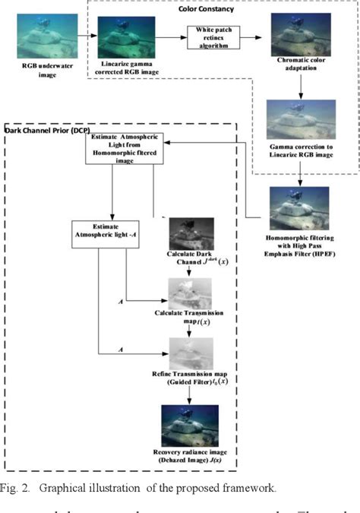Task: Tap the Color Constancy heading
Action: coord(207,8)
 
